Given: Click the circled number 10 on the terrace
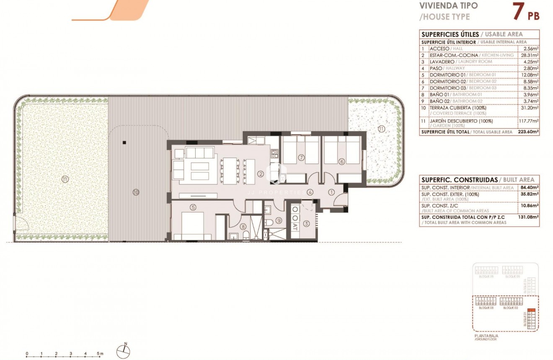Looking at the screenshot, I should pos(135,192).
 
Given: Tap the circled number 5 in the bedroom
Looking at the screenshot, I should pos(193,207).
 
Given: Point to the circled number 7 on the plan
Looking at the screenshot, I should pos(301,158).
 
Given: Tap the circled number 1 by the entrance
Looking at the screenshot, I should pos(331,193).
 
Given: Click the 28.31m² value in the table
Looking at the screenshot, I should pos(528,55).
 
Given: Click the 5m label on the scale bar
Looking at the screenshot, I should pos(100,354).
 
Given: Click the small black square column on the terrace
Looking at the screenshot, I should pos(124,142).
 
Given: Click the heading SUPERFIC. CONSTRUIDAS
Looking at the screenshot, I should pos(453,179).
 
